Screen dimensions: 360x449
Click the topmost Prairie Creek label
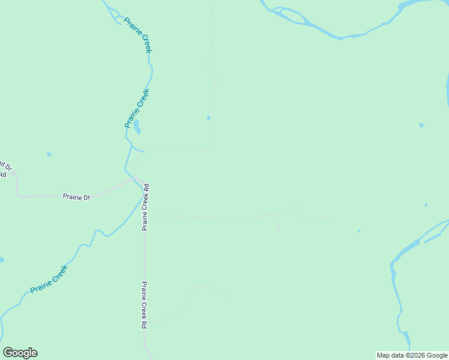[138, 35]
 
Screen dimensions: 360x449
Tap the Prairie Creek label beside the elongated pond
[136, 108]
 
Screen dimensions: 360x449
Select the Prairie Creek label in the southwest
[49, 279]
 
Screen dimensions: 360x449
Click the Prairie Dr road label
[76, 197]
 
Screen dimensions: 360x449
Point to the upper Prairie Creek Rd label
[145, 208]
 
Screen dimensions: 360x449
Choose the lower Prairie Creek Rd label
[144, 304]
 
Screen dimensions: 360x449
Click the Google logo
[20, 353]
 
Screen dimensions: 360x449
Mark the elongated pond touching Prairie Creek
[137, 127]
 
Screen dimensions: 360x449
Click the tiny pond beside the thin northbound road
[208, 118]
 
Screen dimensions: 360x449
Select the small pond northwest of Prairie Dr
[49, 154]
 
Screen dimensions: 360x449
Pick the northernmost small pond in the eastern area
[421, 125]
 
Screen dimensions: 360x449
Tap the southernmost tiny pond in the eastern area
[359, 230]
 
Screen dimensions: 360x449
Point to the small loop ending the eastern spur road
[277, 227]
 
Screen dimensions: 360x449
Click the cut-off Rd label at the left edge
[2, 175]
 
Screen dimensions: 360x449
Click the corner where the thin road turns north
[209, 149]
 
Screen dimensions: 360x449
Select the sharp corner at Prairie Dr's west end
[17, 196]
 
